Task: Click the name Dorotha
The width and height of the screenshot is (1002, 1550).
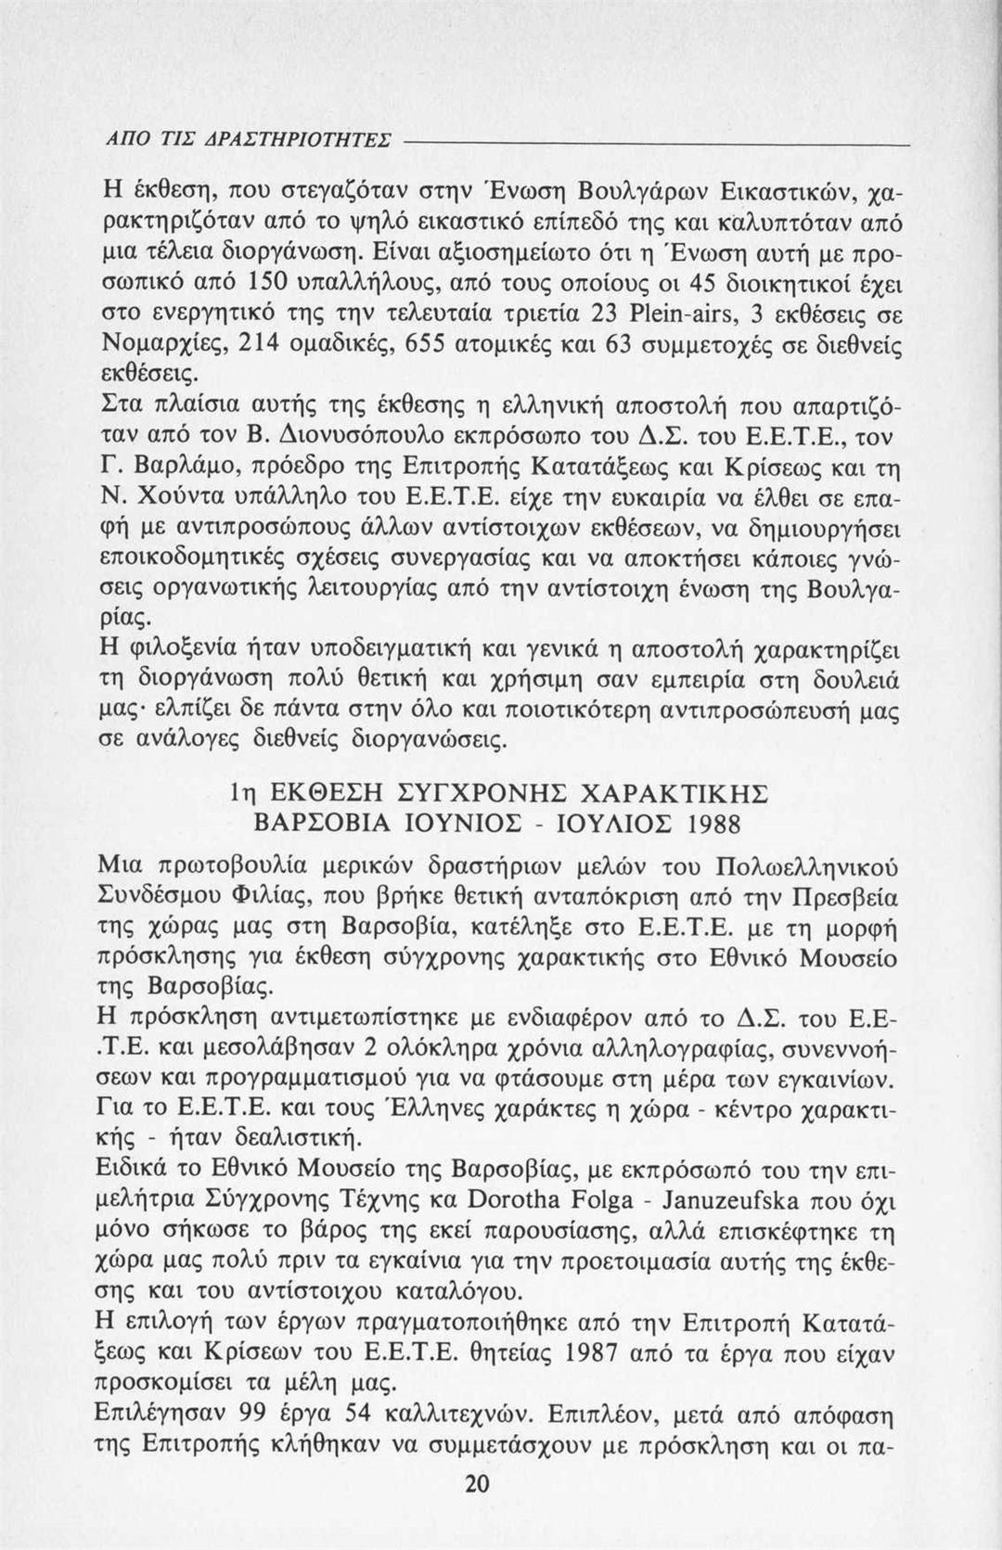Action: click(x=521, y=1198)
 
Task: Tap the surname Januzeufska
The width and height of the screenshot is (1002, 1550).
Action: click(x=741, y=1198)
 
